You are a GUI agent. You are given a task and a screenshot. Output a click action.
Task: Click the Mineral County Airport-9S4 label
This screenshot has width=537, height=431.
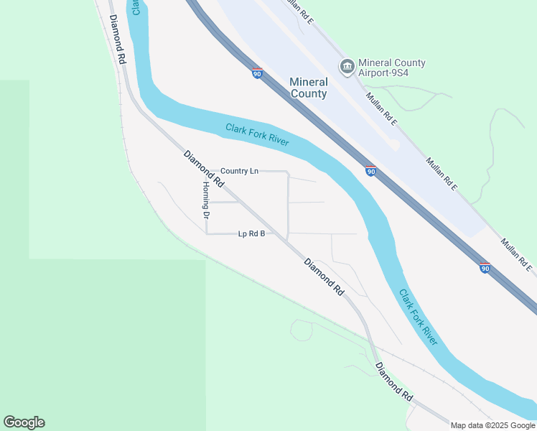coord(391,68)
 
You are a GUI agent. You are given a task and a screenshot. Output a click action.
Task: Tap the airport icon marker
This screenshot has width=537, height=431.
coord(347,68)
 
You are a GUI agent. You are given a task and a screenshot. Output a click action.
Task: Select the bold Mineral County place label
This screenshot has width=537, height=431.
coord(309,88)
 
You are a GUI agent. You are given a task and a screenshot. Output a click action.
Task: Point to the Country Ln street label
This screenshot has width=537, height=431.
coord(239,171)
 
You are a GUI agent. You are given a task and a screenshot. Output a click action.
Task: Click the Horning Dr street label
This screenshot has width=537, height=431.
coord(205,199)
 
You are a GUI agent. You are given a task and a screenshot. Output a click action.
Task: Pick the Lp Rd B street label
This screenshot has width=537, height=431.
coord(252,233)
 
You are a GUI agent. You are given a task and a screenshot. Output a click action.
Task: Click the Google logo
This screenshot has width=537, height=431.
coord(24,422)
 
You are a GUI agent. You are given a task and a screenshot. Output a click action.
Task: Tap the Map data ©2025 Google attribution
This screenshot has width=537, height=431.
coord(492,425)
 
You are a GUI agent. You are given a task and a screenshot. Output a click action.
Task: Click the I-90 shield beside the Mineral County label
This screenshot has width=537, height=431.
coord(257,73)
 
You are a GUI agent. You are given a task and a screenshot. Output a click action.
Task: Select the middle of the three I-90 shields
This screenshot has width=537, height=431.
coord(370,171)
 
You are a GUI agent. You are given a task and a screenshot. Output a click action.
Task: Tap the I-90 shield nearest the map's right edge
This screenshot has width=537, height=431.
coord(485,268)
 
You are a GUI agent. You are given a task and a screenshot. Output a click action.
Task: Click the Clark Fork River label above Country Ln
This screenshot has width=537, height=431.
coord(257,134)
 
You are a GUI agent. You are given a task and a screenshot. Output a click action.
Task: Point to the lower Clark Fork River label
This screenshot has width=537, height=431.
coord(419,317)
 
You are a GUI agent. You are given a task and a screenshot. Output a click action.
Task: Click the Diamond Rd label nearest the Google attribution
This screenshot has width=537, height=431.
coord(395,381)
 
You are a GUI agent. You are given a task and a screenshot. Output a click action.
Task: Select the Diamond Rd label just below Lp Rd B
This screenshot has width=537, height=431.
coord(324,278)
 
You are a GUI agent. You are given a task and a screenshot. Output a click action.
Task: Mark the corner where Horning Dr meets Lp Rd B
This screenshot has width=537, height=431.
coord(207,233)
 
